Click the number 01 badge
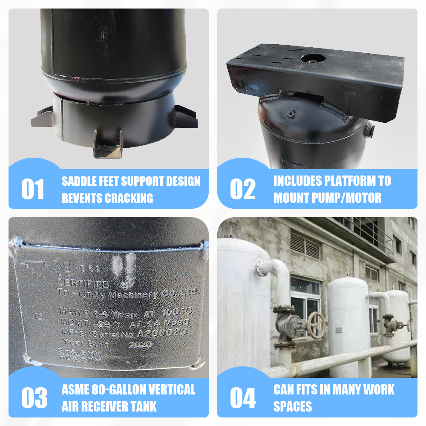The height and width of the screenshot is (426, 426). point(33,189)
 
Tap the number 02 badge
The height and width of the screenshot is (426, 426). point(242,189)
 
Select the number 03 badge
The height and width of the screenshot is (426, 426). point(34,398)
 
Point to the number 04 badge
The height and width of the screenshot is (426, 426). point(243,398)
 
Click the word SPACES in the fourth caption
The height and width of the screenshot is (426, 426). point(293,406)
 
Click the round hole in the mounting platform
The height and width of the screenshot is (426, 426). point(313,58)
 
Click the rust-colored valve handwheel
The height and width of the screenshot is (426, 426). point(317,325)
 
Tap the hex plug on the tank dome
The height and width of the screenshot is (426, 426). point(291,114)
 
